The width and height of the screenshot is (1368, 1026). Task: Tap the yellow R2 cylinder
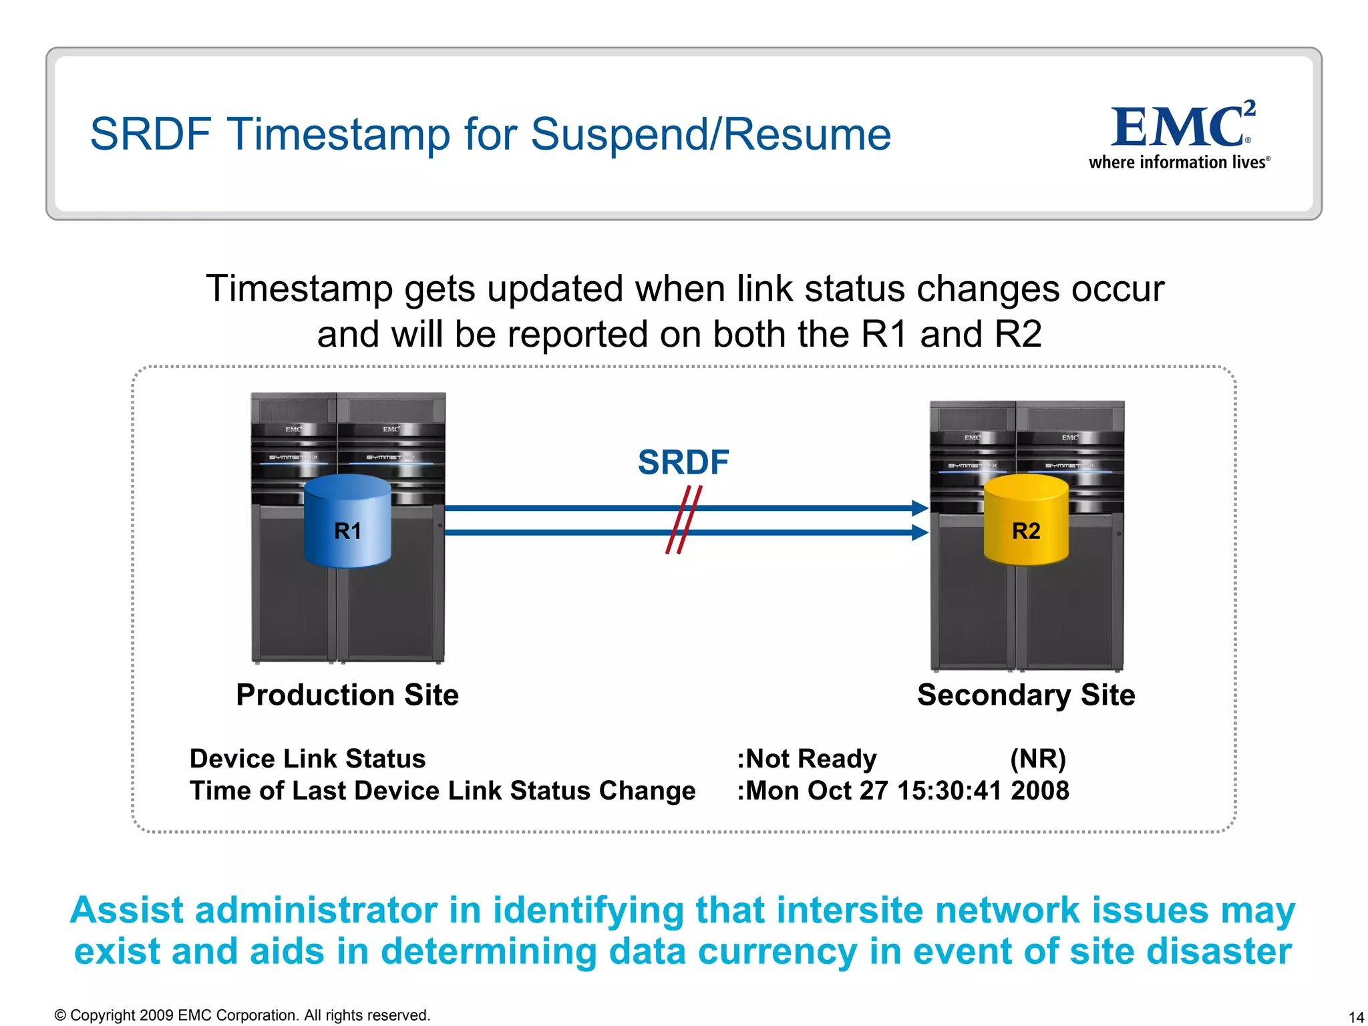[x=1026, y=521]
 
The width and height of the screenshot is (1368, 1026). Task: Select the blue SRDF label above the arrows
[x=683, y=462]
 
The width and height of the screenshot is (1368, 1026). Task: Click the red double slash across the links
[x=683, y=520]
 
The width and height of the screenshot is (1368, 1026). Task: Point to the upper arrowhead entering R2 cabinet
[x=920, y=508]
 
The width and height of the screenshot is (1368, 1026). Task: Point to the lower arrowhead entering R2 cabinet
[x=920, y=532]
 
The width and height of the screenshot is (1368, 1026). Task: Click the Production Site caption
[x=347, y=695]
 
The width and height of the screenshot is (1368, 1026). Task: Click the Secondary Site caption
[x=1026, y=695]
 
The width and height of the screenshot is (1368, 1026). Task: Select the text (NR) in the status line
[x=1037, y=759]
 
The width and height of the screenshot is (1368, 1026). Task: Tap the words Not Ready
[x=810, y=759]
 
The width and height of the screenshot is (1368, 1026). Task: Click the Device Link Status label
[x=307, y=759]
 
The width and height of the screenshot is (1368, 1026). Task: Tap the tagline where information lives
[x=1179, y=162]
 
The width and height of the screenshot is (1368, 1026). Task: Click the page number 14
[x=1356, y=1017]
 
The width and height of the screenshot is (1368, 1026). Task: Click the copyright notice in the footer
[x=242, y=1015]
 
